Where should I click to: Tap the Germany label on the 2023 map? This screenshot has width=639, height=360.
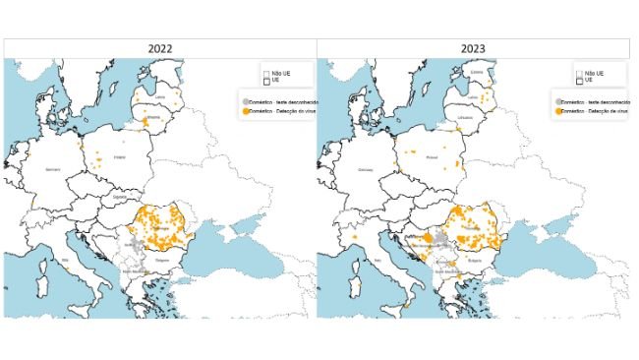tap(369, 168)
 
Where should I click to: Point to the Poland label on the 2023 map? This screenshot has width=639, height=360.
tap(434, 155)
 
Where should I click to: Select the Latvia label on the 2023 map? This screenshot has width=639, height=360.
tap(473, 96)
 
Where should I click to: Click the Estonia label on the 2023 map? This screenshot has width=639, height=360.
tap(478, 71)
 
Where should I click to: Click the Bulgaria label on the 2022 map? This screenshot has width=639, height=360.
tap(163, 265)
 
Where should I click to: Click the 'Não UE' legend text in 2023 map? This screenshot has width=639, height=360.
tap(595, 73)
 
